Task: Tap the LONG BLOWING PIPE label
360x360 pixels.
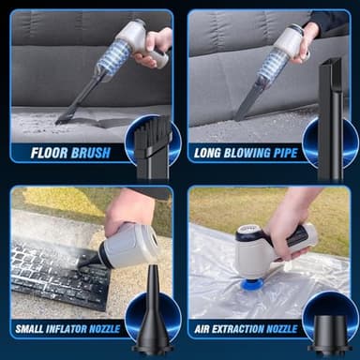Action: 246,152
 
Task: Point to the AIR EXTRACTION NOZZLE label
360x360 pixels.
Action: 246,329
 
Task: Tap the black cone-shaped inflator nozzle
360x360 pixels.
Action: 151,319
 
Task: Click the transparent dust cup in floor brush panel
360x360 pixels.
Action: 112,58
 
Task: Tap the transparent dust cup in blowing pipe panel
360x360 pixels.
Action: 274,67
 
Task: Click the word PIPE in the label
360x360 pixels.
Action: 282,152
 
